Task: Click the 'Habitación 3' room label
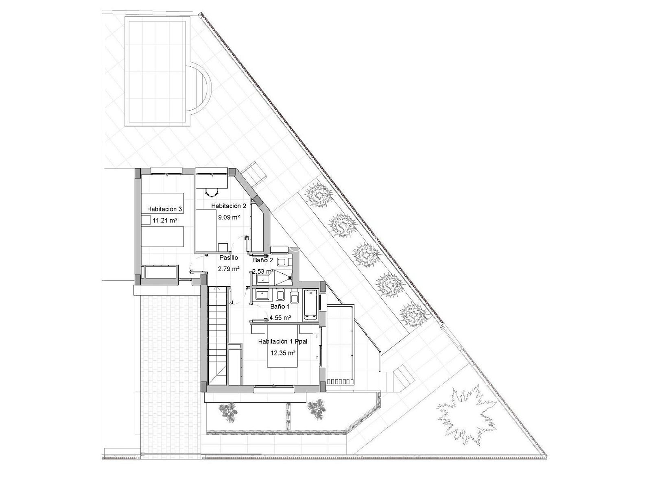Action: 164,209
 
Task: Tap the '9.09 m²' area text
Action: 229,217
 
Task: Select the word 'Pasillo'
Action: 229,258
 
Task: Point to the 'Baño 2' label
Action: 263,260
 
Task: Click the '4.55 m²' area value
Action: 280,318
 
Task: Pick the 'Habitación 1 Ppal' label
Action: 283,341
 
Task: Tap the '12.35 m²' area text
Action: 284,353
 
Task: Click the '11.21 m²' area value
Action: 165,220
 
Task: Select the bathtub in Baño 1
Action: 310,305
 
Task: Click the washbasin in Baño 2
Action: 263,279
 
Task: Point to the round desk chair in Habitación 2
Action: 212,192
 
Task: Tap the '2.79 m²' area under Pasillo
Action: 229,269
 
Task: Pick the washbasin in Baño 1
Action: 262,295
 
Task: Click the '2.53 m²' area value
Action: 263,271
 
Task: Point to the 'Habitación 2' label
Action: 229,206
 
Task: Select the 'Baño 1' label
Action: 280,307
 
